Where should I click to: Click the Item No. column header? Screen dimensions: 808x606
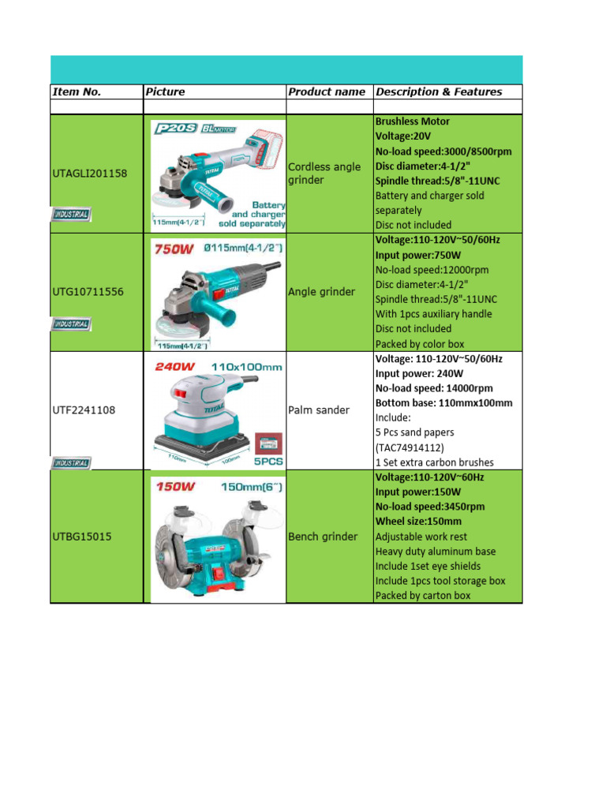click(x=77, y=92)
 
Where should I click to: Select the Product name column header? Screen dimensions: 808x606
click(x=327, y=92)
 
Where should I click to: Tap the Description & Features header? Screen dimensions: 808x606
click(x=439, y=92)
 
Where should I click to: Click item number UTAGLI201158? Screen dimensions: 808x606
click(x=88, y=173)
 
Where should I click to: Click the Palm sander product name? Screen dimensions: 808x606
click(x=319, y=410)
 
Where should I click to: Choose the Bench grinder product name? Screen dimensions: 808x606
click(x=324, y=537)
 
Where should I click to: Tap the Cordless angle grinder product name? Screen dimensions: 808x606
click(x=324, y=174)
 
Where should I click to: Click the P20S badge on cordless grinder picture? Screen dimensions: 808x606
click(x=174, y=129)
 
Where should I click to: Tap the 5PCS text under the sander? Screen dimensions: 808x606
click(x=268, y=460)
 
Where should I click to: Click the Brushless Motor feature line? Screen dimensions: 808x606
click(x=413, y=122)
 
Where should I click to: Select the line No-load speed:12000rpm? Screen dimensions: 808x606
click(x=432, y=270)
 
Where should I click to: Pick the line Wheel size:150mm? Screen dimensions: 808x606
click(x=419, y=522)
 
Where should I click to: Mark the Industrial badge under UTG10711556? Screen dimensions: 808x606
click(x=71, y=324)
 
